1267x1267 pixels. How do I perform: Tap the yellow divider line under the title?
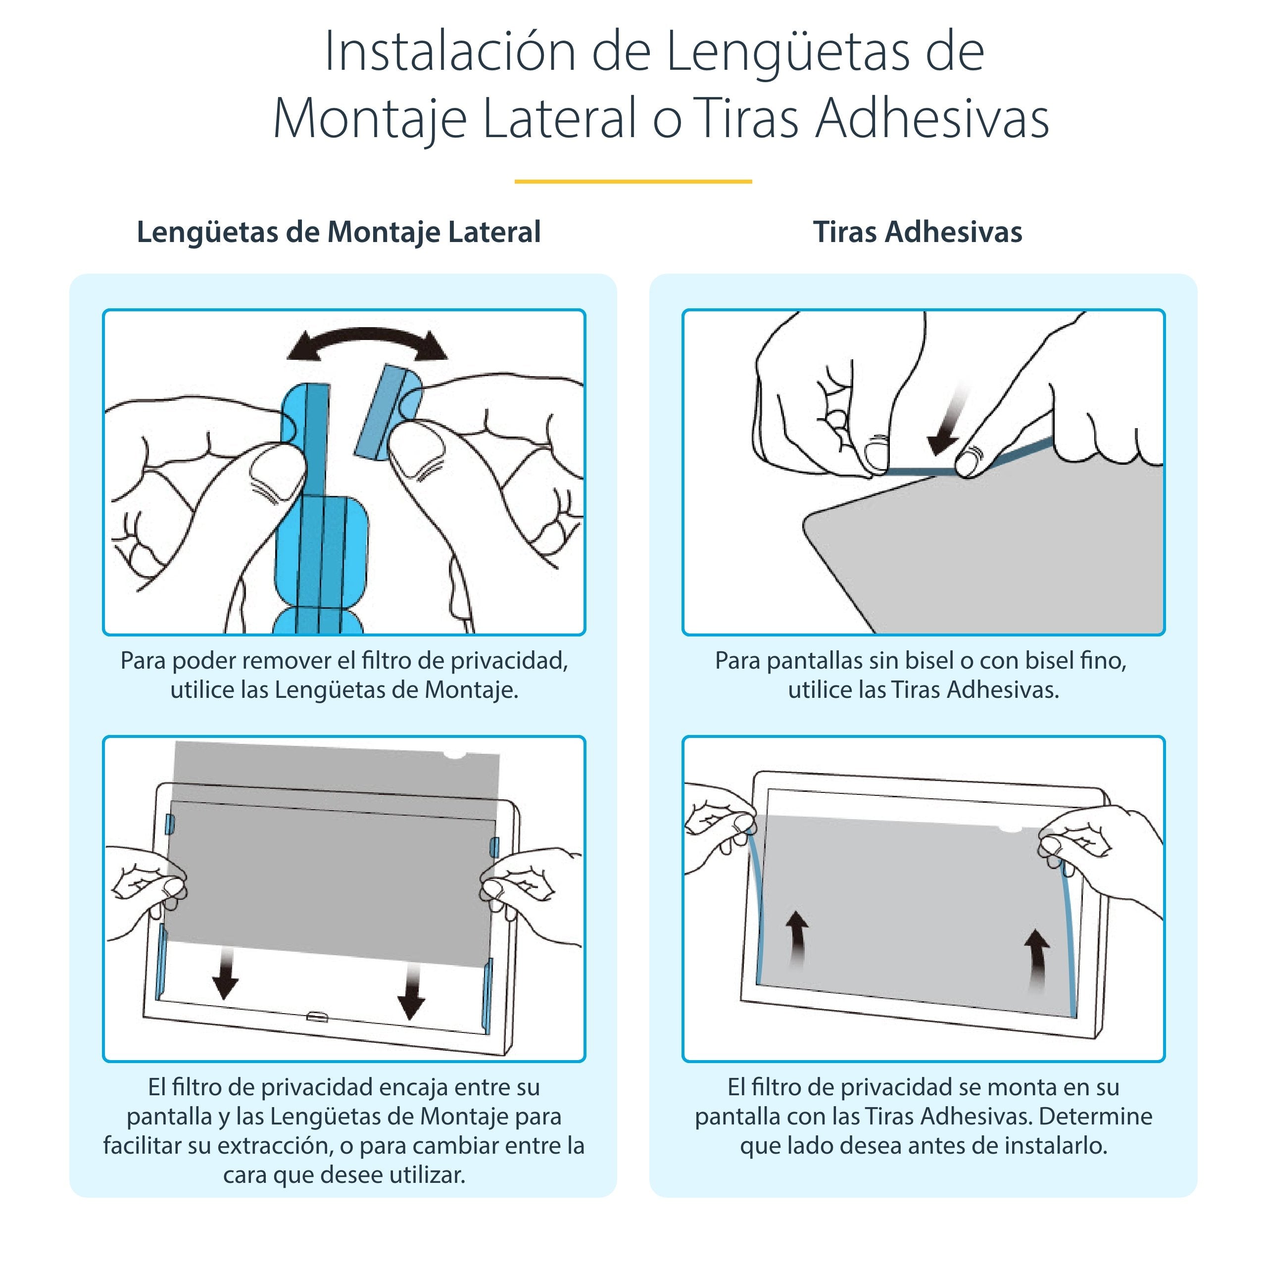(x=633, y=182)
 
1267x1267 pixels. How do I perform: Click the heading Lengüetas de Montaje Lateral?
(x=339, y=232)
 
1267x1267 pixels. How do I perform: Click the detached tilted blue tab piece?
(x=386, y=412)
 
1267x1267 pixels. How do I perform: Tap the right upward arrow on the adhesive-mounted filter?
(x=1037, y=958)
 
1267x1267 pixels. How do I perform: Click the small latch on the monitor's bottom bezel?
(x=318, y=1017)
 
